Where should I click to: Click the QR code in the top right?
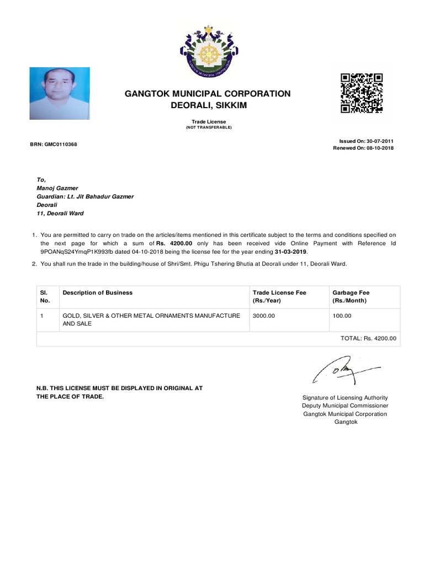(x=362, y=93)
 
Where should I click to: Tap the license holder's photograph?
(x=60, y=93)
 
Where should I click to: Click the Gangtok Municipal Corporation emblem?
(x=208, y=52)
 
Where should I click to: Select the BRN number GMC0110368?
(x=54, y=145)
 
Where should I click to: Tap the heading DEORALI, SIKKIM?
(x=208, y=105)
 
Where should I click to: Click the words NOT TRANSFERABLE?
(x=209, y=127)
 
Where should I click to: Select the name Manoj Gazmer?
(x=57, y=188)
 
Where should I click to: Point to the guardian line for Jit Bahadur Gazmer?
(x=85, y=196)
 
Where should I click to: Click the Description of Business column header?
(x=98, y=292)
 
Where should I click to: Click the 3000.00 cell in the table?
(x=264, y=316)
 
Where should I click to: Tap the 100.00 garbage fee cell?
(x=342, y=316)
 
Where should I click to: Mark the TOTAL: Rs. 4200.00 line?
(x=368, y=338)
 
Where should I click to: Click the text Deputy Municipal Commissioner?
(x=345, y=406)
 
